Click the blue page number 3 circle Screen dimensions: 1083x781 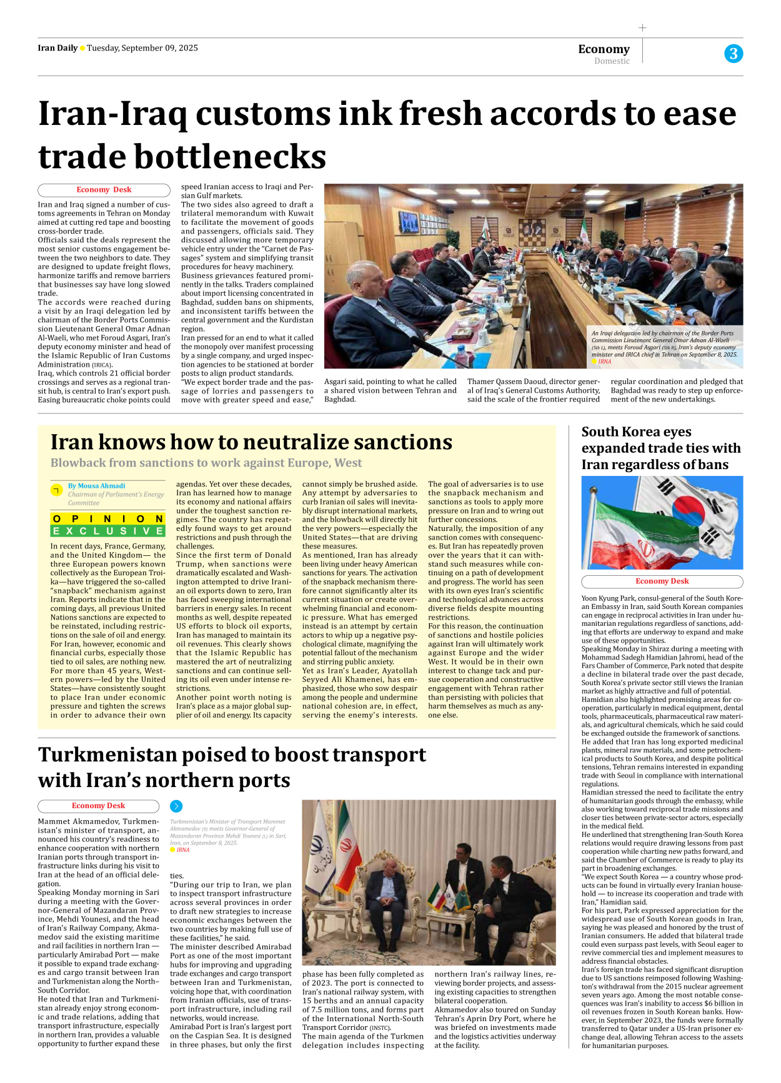coord(734,54)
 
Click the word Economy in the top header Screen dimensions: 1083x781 coord(604,49)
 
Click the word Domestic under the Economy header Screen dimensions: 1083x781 coord(612,61)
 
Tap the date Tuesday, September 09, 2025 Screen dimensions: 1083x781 coord(142,48)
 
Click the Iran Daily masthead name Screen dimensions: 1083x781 coord(57,48)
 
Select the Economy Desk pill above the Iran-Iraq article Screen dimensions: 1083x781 coord(104,190)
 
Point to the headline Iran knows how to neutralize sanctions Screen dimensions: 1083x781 coord(251,442)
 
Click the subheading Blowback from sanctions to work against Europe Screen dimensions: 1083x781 coord(206,463)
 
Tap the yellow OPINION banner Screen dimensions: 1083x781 coord(107,518)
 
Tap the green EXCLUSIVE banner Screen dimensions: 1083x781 coord(107,531)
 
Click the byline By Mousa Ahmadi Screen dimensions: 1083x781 coord(96,485)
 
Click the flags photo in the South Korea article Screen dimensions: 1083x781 coord(662,522)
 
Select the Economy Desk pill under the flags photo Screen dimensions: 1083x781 coord(662,581)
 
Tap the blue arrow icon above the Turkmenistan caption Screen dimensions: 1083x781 coord(176,806)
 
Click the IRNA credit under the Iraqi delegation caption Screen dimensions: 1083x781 coord(604,362)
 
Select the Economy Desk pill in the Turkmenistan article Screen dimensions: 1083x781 coord(98,806)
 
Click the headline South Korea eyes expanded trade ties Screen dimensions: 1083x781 coord(660,448)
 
